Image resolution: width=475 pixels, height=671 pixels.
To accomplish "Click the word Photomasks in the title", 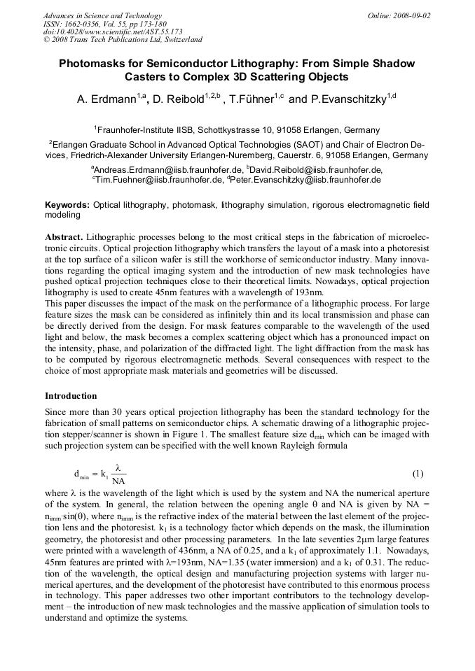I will pos(94,63).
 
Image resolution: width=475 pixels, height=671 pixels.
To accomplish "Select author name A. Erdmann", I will pos(105,100).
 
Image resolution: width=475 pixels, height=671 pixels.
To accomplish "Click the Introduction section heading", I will pos(71,396).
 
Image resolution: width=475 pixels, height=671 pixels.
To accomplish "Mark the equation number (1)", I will pos(418,474).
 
